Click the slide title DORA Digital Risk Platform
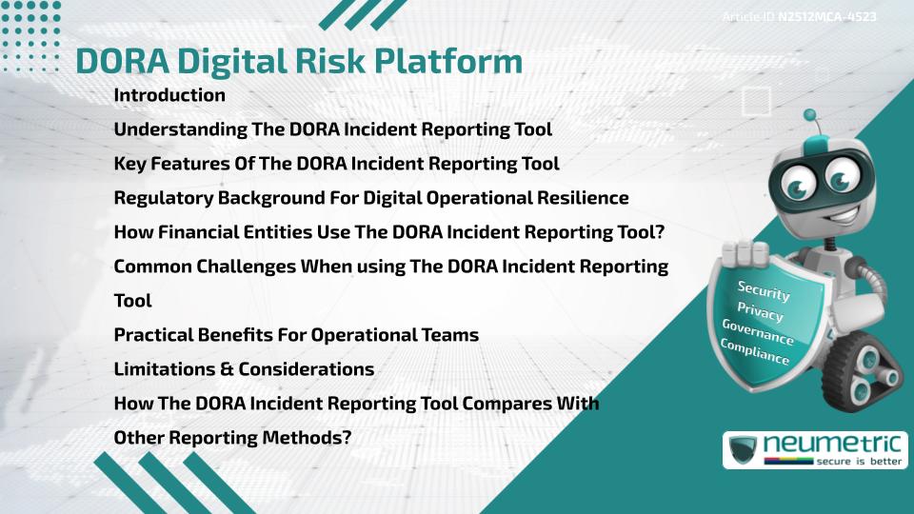299,60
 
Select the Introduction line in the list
169,95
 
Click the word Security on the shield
764,289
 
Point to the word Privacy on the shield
760,312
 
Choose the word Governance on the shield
758,332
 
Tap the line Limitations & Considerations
244,368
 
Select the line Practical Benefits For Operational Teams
296,335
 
